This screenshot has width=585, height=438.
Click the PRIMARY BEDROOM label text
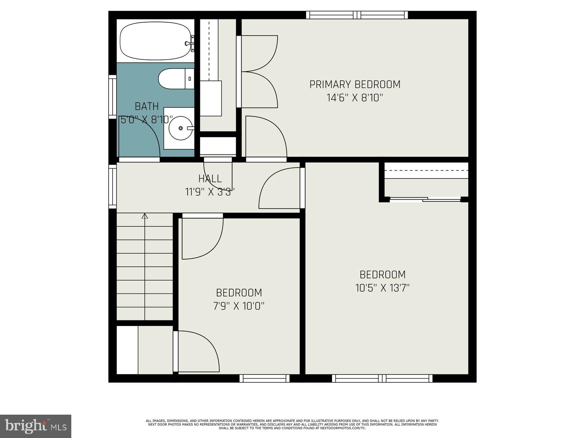pyautogui.click(x=355, y=84)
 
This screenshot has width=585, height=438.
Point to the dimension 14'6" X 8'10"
pyautogui.click(x=355, y=98)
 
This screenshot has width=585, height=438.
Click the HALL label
pyautogui.click(x=210, y=178)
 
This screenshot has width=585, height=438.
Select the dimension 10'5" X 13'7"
pyautogui.click(x=382, y=288)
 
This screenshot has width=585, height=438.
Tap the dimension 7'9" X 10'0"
pyautogui.click(x=239, y=306)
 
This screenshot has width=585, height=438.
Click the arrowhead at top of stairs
pyautogui.click(x=145, y=216)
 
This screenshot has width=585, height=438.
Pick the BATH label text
pyautogui.click(x=147, y=106)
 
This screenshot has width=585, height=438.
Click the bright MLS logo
pyautogui.click(x=35, y=426)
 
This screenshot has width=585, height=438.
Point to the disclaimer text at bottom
pyautogui.click(x=292, y=424)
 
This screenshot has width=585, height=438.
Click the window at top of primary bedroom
pyautogui.click(x=357, y=15)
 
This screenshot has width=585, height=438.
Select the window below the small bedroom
pyautogui.click(x=264, y=379)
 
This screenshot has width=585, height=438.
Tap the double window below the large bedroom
pyautogui.click(x=382, y=379)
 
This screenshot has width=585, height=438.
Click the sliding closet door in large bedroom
pyautogui.click(x=425, y=199)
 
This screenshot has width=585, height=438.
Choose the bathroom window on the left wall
pyautogui.click(x=112, y=97)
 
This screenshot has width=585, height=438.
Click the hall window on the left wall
pyautogui.click(x=112, y=187)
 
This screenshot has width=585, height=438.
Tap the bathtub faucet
pyautogui.click(x=189, y=43)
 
